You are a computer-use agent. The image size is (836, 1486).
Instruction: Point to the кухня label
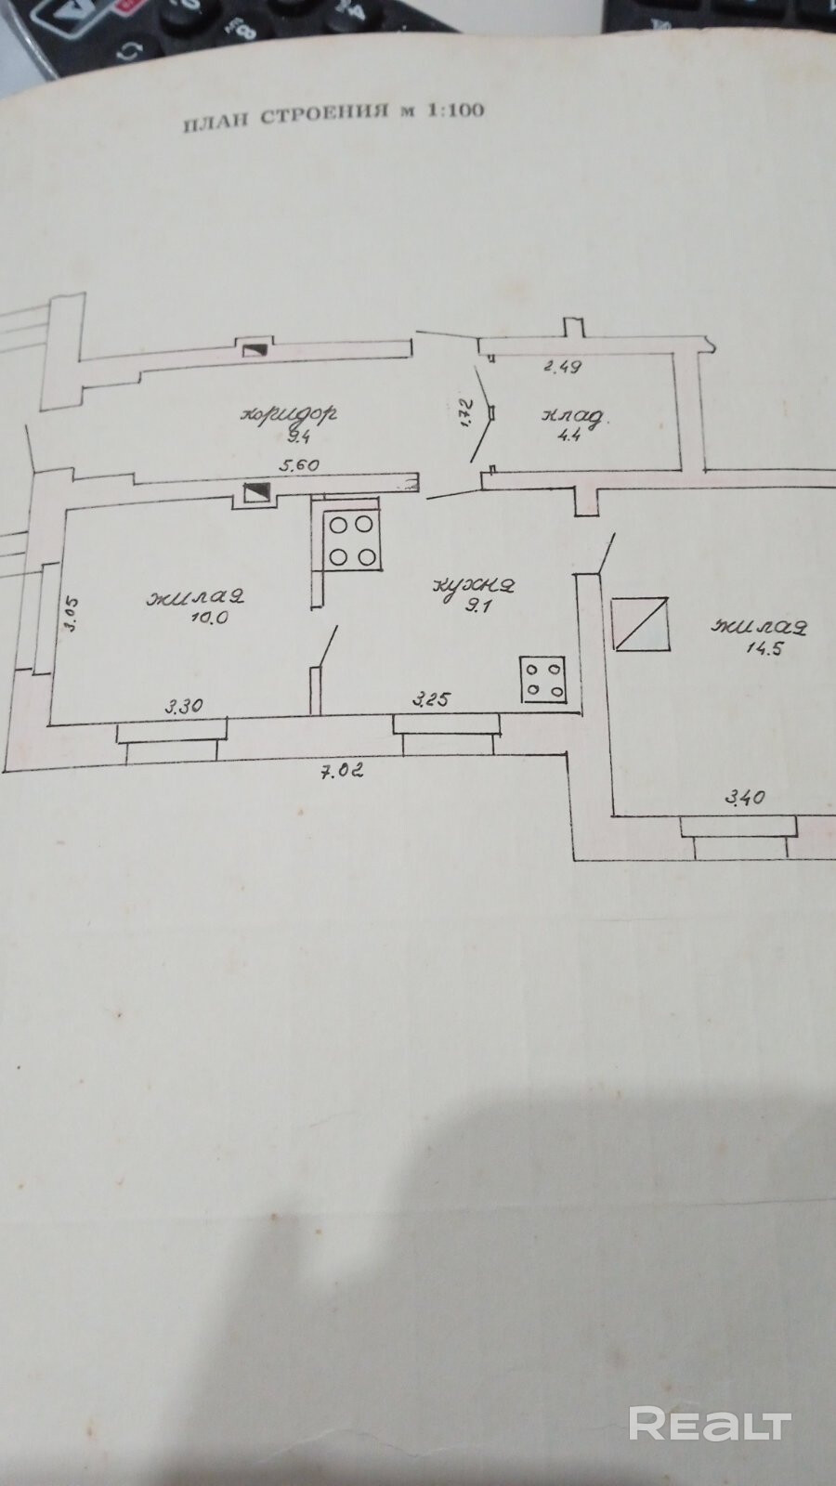[474, 586]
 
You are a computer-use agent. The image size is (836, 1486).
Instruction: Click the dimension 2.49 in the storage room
[562, 366]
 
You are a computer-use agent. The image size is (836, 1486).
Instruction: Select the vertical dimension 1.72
[466, 411]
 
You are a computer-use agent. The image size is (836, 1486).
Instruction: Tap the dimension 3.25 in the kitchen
[432, 698]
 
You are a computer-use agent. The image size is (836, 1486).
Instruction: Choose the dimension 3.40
[744, 796]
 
